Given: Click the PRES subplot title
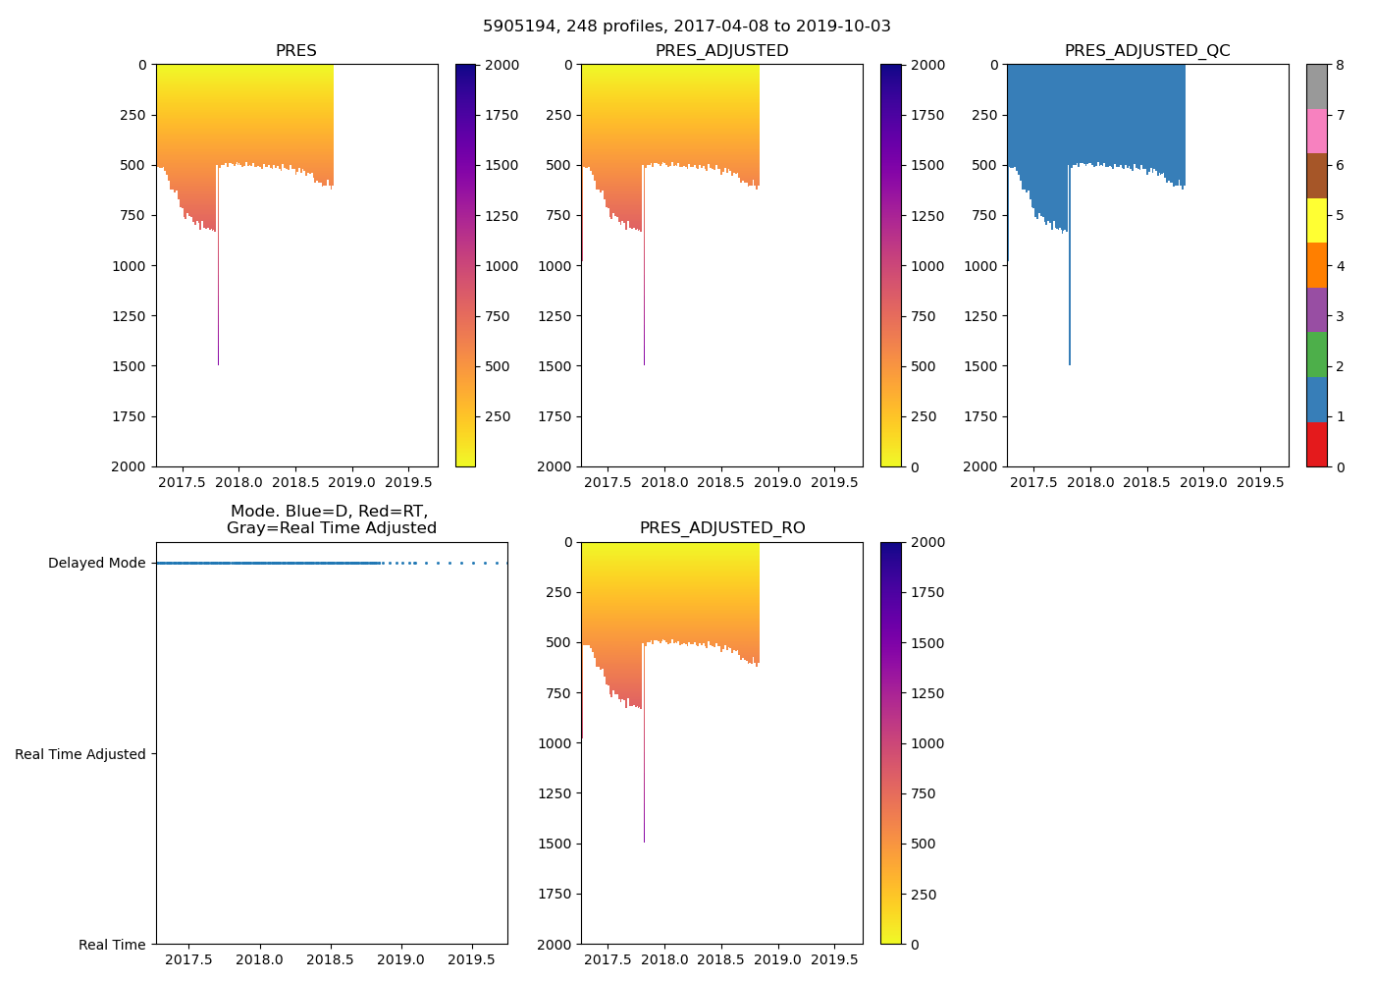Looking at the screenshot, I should click(295, 51).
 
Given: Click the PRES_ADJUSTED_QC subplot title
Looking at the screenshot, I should click(1147, 51).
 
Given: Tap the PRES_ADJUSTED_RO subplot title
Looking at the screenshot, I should click(722, 528).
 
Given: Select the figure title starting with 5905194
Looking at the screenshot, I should click(687, 27).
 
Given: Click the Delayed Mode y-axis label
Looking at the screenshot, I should click(96, 564).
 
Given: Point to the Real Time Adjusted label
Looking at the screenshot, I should click(80, 754).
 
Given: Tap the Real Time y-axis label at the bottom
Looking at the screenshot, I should click(112, 945).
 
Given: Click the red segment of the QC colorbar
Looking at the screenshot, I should click(1316, 444).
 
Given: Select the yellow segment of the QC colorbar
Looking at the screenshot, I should click(1316, 220).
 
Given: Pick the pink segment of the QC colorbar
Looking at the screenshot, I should click(1316, 131).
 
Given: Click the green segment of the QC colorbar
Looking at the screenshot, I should click(1316, 355).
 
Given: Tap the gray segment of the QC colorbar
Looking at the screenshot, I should click(1316, 86).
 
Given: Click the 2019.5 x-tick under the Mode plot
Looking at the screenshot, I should click(472, 960).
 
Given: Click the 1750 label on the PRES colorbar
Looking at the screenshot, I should click(502, 115).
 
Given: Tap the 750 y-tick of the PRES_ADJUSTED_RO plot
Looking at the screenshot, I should click(555, 693).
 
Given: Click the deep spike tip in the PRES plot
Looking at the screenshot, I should click(218, 363).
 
